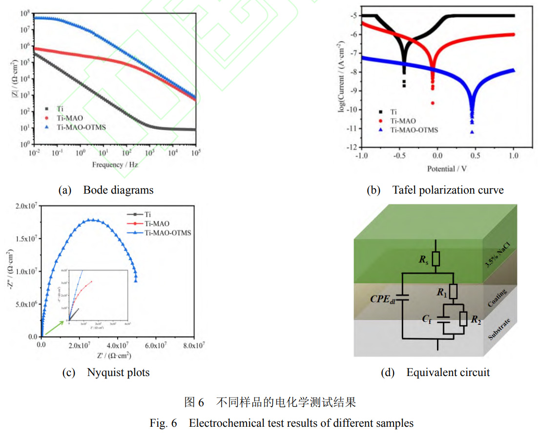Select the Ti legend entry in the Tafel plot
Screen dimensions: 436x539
pos(393,112)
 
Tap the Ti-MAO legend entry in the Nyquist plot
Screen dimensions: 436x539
pos(156,223)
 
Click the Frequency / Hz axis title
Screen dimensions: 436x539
pos(115,165)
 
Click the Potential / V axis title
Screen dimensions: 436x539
pos(436,169)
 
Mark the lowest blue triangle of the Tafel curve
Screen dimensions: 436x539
pos(472,132)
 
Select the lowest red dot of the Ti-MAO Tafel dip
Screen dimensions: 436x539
pos(433,103)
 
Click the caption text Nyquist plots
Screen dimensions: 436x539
pos(118,373)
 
